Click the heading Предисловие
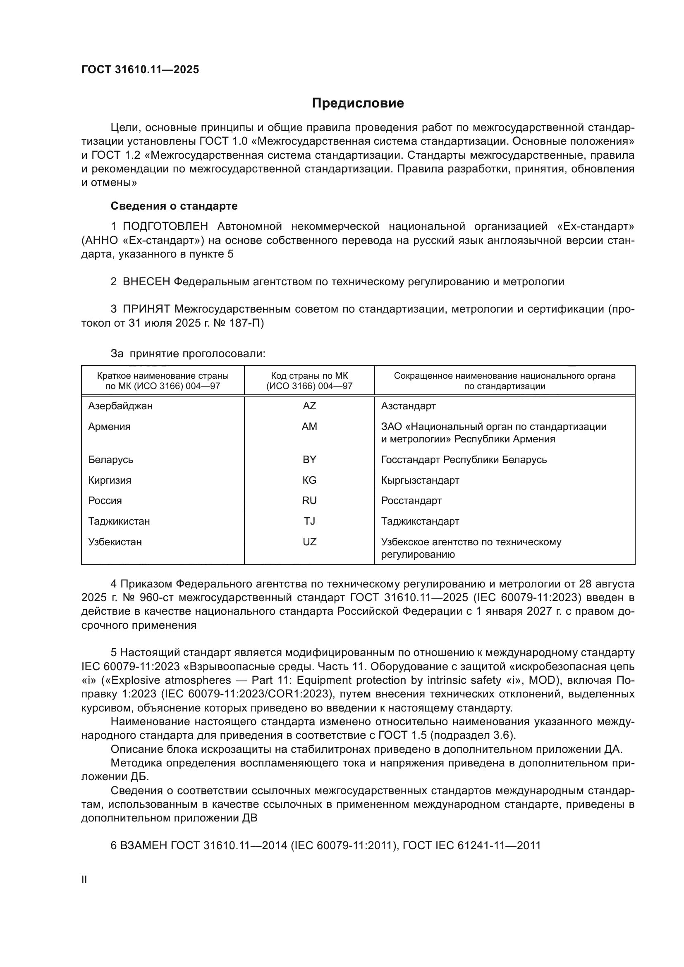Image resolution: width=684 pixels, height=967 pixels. [358, 103]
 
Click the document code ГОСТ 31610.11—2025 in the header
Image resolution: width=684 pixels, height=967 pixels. [140, 70]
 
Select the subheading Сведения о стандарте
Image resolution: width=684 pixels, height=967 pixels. [174, 206]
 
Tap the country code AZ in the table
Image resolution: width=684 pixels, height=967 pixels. [309, 406]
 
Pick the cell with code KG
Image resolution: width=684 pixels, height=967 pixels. [309, 480]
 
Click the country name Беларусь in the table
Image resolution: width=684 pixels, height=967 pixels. [111, 459]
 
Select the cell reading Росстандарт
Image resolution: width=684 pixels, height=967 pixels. [411, 501]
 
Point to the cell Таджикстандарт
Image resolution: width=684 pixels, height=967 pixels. [420, 521]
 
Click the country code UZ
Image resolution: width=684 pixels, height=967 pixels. [309, 542]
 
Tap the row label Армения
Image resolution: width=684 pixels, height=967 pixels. [110, 427]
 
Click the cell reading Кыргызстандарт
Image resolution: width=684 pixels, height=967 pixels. [420, 480]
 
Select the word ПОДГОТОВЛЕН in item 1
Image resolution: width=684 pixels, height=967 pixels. [165, 227]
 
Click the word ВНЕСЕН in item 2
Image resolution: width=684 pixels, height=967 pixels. [146, 282]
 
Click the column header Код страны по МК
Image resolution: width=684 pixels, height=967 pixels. [309, 376]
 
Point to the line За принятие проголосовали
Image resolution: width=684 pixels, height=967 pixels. [188, 353]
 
